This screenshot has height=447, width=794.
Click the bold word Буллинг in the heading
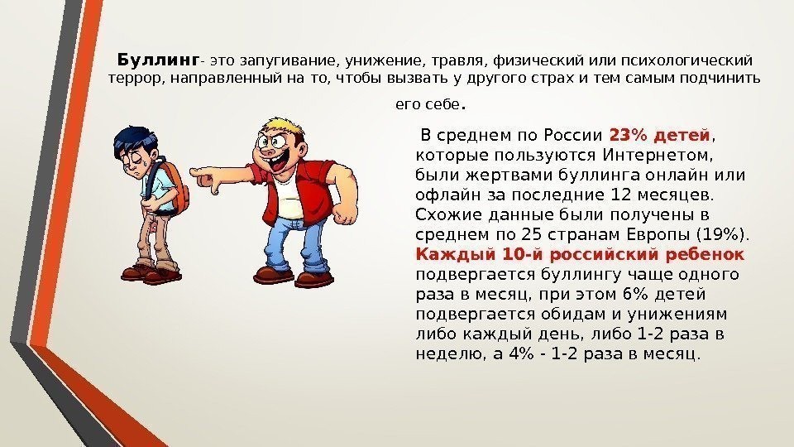(x=158, y=60)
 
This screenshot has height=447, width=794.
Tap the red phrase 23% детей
(x=659, y=135)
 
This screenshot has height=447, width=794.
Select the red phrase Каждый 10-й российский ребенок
(x=580, y=254)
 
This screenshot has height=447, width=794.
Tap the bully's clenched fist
(x=344, y=213)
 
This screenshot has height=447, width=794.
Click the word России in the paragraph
(x=572, y=135)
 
